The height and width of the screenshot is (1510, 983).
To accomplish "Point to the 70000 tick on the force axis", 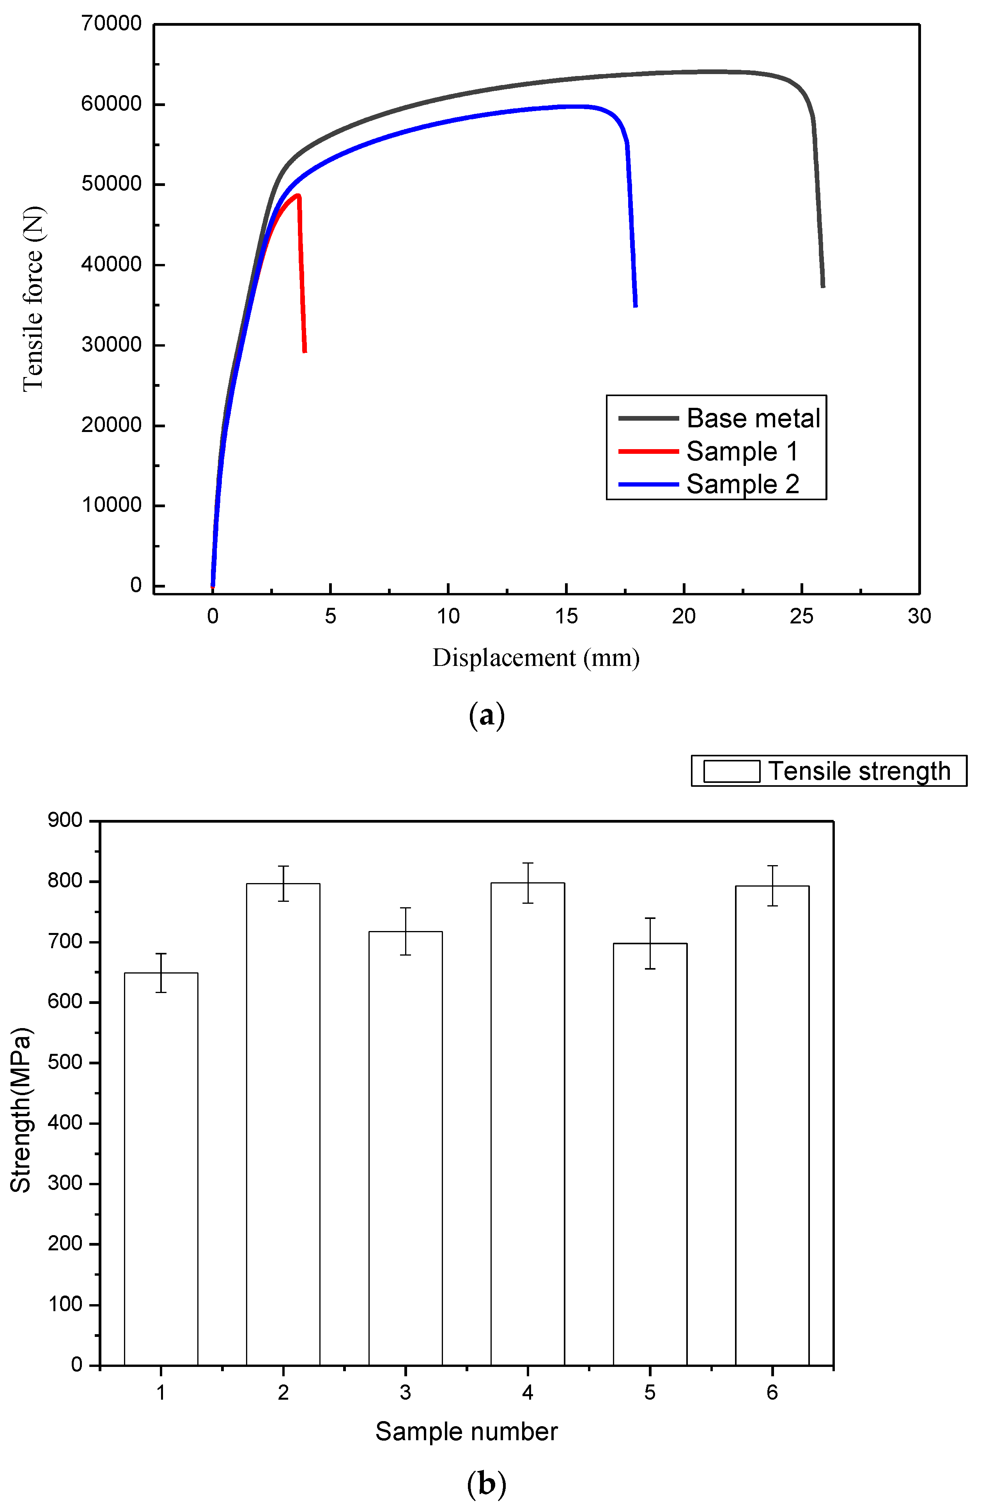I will pos(112,24).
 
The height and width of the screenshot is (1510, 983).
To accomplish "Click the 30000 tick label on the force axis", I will pos(112,345).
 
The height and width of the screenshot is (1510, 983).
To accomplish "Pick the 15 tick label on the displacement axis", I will pos(566,616).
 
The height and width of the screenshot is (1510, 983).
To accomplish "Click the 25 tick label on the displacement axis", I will pos(802,616).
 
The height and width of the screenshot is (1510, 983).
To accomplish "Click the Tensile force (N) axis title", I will pos(33,299).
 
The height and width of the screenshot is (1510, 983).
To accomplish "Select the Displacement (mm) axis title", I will pos(536,658).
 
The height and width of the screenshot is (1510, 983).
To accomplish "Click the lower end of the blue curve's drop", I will pos(635,306).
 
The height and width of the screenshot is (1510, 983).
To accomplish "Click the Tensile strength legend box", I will pos(828,771).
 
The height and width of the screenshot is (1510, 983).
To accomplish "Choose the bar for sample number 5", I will pos(650,1155).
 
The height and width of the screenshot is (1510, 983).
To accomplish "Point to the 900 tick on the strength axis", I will pos(66,820).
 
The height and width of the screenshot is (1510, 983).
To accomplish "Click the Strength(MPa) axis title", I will pos(21,1110).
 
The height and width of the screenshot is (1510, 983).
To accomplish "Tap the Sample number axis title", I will pos(466,1432).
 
